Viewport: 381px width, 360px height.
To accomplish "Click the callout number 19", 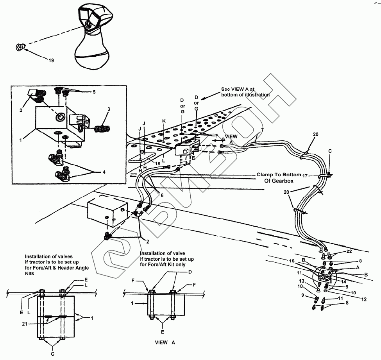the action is click(x=51, y=60).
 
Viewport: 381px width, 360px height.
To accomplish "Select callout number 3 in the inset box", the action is click(x=109, y=109).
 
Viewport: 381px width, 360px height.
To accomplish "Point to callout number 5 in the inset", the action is click(x=94, y=92).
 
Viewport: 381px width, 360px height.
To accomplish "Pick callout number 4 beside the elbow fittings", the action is click(x=104, y=172).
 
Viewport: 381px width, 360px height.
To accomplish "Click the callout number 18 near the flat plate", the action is click(x=157, y=164).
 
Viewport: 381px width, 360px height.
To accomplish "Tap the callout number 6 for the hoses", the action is click(x=162, y=195).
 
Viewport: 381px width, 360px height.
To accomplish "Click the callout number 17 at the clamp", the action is click(x=305, y=176).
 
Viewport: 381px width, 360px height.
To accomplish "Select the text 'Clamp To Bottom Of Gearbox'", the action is click(x=279, y=178).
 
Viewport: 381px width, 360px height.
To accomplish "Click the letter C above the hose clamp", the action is click(x=330, y=151).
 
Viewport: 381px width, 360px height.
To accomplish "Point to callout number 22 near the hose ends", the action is click(x=349, y=251).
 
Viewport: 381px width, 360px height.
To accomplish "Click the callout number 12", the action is click(x=364, y=299).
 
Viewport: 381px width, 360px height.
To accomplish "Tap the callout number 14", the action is click(x=343, y=282).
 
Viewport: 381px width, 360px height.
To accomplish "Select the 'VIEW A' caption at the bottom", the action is click(x=165, y=342).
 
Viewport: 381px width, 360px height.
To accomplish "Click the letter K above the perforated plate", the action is click(x=164, y=121).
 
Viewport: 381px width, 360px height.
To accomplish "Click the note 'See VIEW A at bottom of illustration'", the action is click(x=245, y=92).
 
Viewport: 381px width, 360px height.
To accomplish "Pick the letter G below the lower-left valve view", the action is click(x=53, y=354).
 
